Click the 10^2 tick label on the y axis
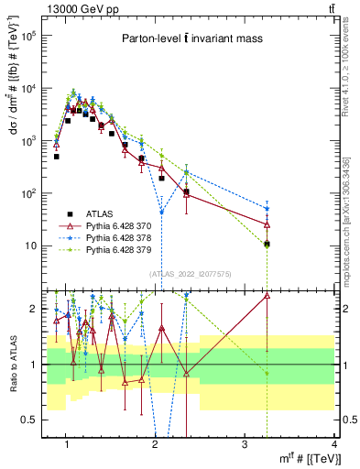[33, 193]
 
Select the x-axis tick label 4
[333, 445]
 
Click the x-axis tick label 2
[156, 445]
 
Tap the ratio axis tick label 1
[34, 365]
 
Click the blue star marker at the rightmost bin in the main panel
[267, 209]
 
